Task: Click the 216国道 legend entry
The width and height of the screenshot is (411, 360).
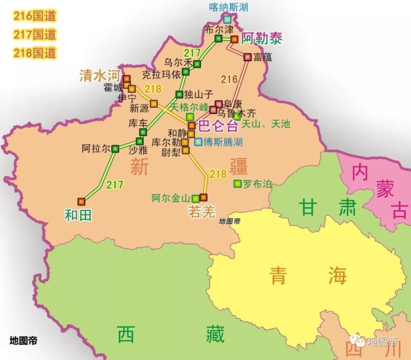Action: [x=35, y=16]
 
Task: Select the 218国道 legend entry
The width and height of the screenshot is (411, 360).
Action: [x=35, y=53]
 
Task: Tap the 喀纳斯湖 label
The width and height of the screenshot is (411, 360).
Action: [x=229, y=7]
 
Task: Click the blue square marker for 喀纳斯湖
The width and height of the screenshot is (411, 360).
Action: [x=227, y=19]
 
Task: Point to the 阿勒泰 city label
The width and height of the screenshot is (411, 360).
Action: [x=261, y=38]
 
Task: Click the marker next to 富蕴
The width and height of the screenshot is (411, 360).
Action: [x=247, y=58]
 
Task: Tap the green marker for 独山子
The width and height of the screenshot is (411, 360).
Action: [x=179, y=94]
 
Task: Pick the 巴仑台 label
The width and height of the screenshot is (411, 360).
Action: [x=218, y=126]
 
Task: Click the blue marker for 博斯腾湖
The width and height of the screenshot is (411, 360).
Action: [x=199, y=142]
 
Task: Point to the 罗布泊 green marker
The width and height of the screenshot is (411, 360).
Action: [x=237, y=184]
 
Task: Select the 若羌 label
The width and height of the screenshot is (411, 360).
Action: [x=201, y=211]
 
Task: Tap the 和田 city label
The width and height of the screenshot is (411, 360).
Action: [x=78, y=215]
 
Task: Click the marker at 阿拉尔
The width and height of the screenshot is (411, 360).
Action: [x=115, y=148]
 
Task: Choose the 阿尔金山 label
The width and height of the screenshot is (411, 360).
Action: [x=172, y=198]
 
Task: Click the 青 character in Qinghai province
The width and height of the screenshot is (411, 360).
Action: [x=280, y=275]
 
